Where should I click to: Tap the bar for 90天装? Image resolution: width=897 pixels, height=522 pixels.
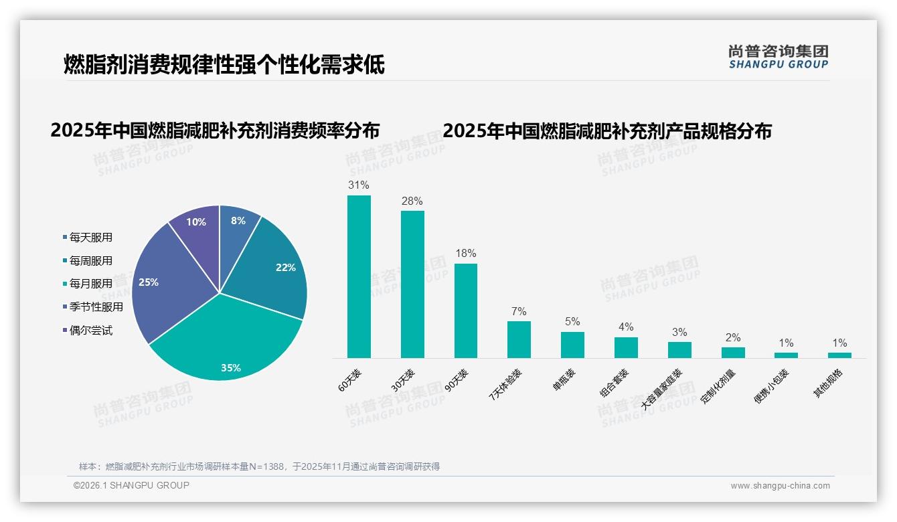(466, 311)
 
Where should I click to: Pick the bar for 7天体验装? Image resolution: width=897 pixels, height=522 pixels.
(519, 339)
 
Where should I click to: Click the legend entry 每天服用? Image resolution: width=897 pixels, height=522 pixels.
(90, 237)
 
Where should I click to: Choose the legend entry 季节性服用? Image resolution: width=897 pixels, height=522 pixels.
(96, 307)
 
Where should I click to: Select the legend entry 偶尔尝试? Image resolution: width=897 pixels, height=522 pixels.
(90, 330)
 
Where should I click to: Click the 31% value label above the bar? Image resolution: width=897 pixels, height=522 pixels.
(359, 185)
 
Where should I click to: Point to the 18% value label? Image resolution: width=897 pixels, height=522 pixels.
(466, 253)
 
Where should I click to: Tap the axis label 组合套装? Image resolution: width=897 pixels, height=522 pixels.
(613, 383)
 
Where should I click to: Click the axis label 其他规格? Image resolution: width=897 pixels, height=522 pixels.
(828, 383)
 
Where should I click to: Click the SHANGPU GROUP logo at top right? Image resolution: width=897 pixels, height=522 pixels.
(778, 57)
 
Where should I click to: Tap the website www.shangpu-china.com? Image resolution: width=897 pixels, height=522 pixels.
(780, 486)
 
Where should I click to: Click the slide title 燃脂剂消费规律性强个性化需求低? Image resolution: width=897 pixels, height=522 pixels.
(224, 65)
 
